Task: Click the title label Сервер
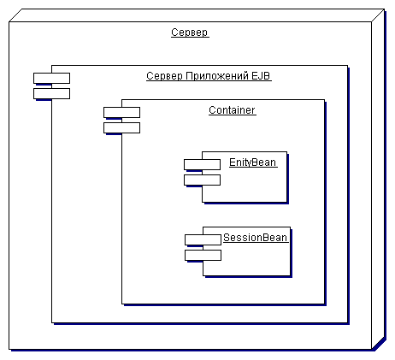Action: [x=190, y=32]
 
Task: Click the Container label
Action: [x=232, y=110]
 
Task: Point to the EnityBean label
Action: [x=252, y=162]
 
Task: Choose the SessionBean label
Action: [x=255, y=238]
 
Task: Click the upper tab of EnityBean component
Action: [x=202, y=164]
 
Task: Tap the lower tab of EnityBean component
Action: [x=202, y=180]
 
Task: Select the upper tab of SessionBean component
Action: [x=203, y=239]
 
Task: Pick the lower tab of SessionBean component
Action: [x=203, y=255]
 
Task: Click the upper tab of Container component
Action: [x=121, y=112]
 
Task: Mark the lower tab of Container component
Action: [x=121, y=127]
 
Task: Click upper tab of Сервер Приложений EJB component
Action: [x=51, y=78]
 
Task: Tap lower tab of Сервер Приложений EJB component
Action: [x=51, y=93]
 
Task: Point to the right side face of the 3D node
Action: [x=378, y=179]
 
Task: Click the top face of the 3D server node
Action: [x=197, y=15]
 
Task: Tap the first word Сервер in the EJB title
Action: [x=164, y=76]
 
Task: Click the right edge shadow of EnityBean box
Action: [x=288, y=179]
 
